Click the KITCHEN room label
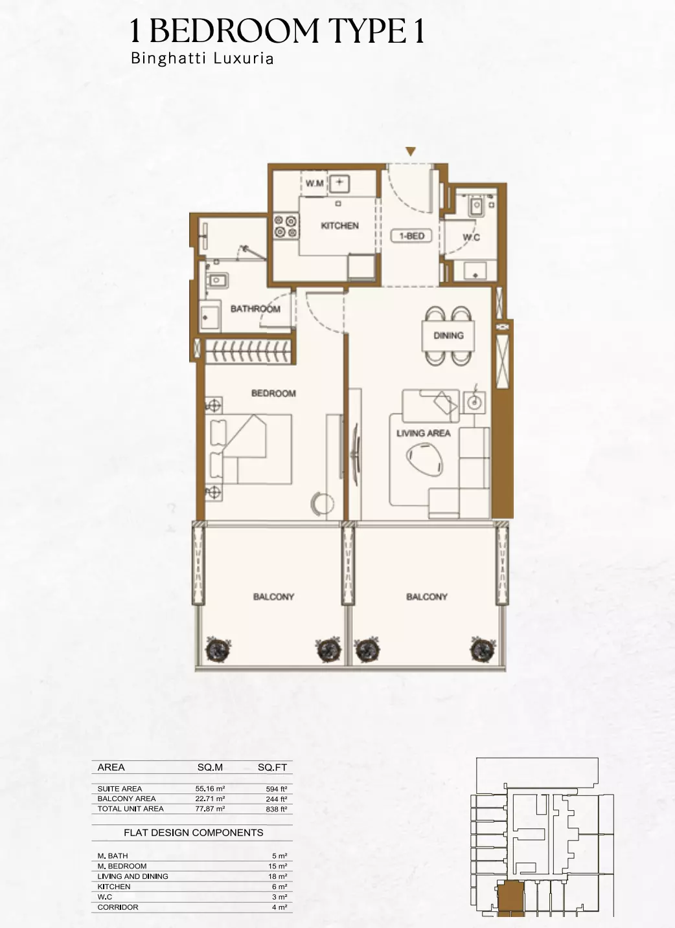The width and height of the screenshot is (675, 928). pos(339,226)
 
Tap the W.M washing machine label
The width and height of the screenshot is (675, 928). pos(315,184)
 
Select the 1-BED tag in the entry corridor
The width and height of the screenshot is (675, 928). pos(411,236)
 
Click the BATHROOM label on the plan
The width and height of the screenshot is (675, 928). pos(255,309)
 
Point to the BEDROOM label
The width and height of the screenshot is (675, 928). pos(273,393)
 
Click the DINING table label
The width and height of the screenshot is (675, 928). pos(448,335)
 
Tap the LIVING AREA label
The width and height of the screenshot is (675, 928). pos(423,433)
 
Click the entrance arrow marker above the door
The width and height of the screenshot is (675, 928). pos(410,152)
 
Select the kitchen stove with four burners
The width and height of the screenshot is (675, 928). pos(285,226)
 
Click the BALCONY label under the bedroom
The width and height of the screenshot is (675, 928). pos(273,597)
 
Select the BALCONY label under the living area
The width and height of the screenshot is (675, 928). pos(427,597)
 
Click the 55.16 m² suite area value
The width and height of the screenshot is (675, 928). pos(210,789)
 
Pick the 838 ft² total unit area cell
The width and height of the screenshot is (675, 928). pos(277,809)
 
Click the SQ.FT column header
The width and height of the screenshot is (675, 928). pos(272,768)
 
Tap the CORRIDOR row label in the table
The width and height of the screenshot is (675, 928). pos(117,907)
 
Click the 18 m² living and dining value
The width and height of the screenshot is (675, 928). pos(279,876)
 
